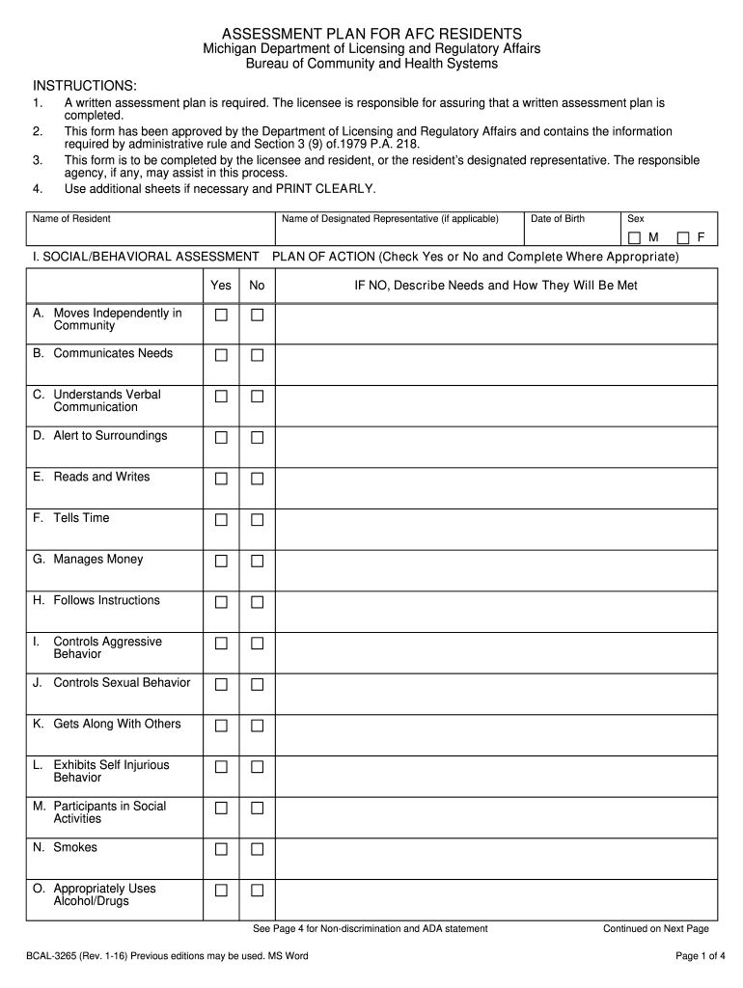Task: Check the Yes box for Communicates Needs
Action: point(221,355)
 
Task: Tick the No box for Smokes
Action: point(258,849)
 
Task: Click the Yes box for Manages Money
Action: point(221,561)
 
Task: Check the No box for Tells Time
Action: point(258,520)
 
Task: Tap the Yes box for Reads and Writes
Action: point(221,479)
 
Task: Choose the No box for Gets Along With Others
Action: point(258,726)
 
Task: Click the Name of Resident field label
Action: point(71,219)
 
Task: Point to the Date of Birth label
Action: point(558,219)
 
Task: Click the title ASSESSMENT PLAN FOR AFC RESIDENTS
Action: point(371,33)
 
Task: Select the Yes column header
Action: point(221,286)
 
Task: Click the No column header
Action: point(257,286)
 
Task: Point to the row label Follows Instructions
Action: point(106,600)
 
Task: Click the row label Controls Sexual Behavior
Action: point(122,682)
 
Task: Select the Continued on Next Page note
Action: point(655,929)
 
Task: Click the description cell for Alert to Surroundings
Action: point(496,446)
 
